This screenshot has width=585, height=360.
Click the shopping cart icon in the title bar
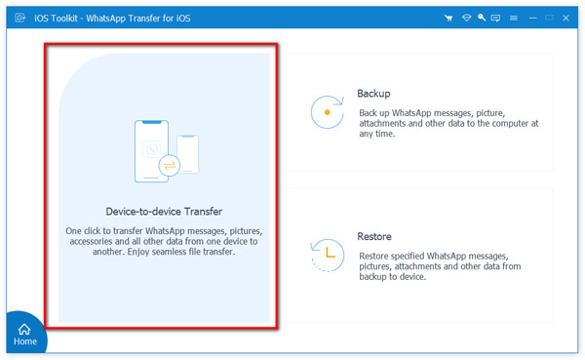coord(448,18)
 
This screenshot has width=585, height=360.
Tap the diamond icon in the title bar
coord(466,18)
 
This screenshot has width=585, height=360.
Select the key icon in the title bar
coord(484,18)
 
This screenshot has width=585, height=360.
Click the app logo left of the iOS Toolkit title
coord(17,18)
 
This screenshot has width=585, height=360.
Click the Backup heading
coord(374,94)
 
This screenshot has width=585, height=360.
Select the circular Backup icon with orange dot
coord(327,112)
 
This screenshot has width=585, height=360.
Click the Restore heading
coord(375,236)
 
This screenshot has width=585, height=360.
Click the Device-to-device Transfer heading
coord(164,211)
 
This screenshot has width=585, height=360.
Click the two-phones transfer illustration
coord(165,152)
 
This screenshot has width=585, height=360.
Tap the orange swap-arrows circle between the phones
coord(171,166)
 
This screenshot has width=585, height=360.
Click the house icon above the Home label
coord(24,329)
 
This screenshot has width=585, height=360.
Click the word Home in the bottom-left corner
coord(24,341)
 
